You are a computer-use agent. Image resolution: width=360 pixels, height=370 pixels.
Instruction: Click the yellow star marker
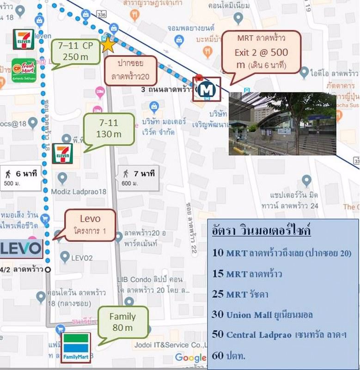pyautogui.click(x=107, y=44)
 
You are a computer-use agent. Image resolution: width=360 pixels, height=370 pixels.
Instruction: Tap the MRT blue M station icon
pyautogui.click(x=206, y=90)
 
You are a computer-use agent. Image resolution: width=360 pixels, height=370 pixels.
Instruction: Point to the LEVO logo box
pyautogui.click(x=21, y=248)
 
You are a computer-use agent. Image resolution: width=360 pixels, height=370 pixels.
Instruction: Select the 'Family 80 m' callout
pyautogui.click(x=122, y=322)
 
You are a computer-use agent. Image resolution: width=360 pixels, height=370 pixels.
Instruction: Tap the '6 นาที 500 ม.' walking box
pyautogui.click(x=23, y=178)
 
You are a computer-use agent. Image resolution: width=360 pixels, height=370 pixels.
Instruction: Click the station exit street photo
pyautogui.click(x=282, y=123)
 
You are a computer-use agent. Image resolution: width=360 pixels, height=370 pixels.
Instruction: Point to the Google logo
pyautogui.click(x=190, y=357)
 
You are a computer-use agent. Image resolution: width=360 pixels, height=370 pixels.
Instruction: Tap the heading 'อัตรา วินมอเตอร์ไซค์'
pyautogui.click(x=261, y=230)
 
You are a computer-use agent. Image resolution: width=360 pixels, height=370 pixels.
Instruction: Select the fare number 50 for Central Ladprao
pyautogui.click(x=217, y=335)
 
